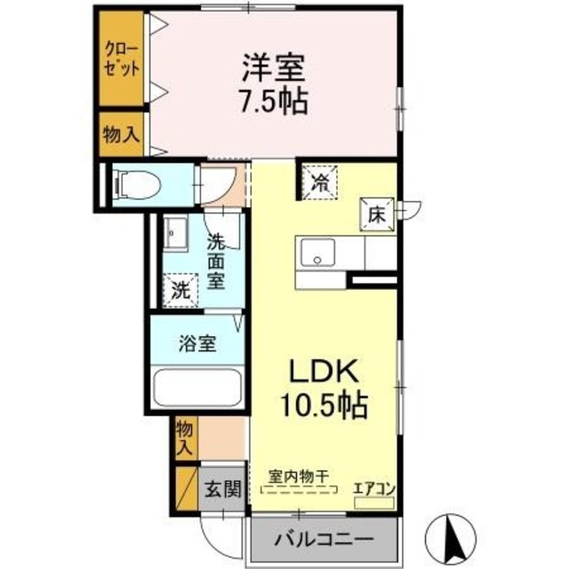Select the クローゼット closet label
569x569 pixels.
pos(120,60)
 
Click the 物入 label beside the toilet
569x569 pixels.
pos(120,134)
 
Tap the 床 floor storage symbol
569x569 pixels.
pos(376,214)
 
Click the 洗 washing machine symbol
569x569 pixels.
pos(180,289)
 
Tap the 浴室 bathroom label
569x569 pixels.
pos(196,343)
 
